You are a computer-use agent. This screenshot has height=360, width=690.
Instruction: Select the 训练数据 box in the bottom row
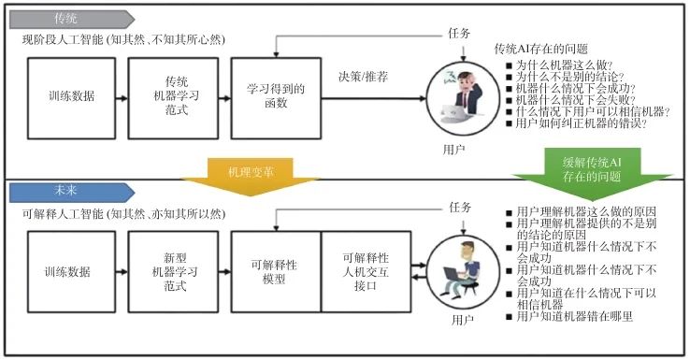pos(67,272)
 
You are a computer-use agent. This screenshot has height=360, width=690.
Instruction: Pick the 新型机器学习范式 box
pos(177,272)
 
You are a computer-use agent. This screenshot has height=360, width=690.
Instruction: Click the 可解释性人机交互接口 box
pos(366,272)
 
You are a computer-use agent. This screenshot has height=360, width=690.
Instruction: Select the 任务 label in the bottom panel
pos(459,208)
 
